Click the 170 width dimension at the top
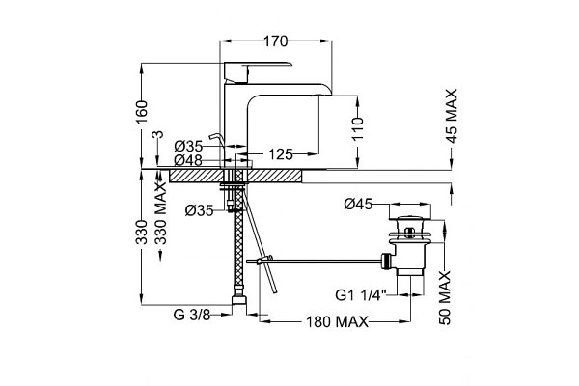click(275, 41)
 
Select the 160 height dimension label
click(142, 112)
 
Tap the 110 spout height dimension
click(357, 128)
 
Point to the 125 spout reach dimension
click(281, 154)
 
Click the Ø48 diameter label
click(188, 160)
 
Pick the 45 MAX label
click(452, 116)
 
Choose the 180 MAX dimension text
click(337, 321)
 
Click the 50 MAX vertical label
click(445, 298)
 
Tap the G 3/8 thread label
click(192, 316)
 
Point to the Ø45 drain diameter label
click(358, 204)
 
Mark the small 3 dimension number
click(157, 134)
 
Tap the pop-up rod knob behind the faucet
click(215, 137)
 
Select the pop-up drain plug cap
click(410, 218)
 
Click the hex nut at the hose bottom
click(239, 299)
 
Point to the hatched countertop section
click(235, 176)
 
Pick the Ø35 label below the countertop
click(200, 210)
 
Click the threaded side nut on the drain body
click(386, 262)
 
